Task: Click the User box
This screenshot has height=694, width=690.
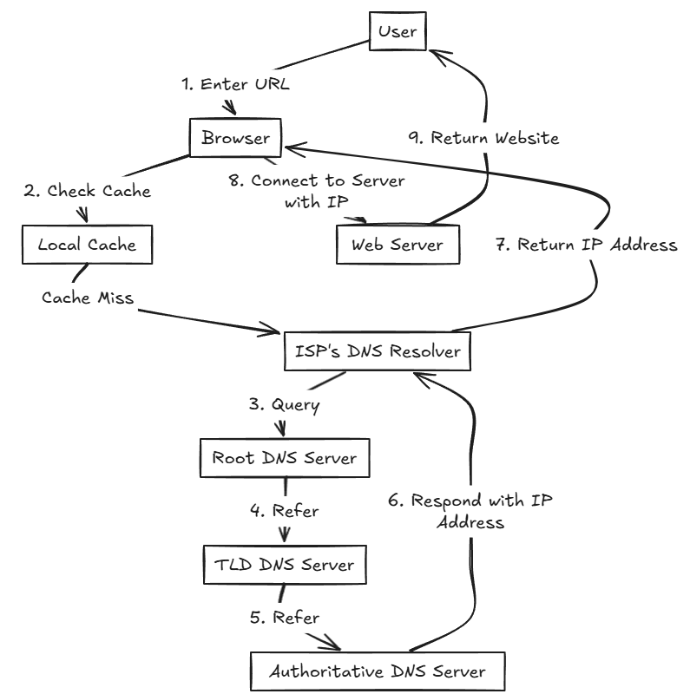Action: pyautogui.click(x=398, y=33)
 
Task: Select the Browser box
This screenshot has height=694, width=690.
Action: pyautogui.click(x=235, y=138)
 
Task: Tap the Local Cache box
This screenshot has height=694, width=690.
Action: pyautogui.click(x=87, y=245)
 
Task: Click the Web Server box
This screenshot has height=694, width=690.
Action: pyautogui.click(x=396, y=245)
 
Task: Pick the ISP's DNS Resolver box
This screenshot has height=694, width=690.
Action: pyautogui.click(x=378, y=351)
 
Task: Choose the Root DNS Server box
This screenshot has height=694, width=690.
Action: pyautogui.click(x=284, y=457)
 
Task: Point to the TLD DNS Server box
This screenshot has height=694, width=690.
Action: pyautogui.click(x=284, y=564)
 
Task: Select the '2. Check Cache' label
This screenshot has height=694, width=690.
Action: pyautogui.click(x=87, y=191)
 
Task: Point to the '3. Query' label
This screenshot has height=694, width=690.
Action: pyautogui.click(x=283, y=404)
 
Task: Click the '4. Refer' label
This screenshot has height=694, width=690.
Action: pyautogui.click(x=284, y=511)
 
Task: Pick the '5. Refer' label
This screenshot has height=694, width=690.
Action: pyautogui.click(x=284, y=618)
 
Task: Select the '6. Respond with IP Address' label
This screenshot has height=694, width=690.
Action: pyautogui.click(x=473, y=511)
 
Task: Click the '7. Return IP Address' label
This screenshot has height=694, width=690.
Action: pyautogui.click(x=585, y=246)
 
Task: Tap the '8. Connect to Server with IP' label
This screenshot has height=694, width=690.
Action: pyautogui.click(x=327, y=192)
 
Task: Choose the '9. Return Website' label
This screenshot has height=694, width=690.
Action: pyautogui.click(x=484, y=138)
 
